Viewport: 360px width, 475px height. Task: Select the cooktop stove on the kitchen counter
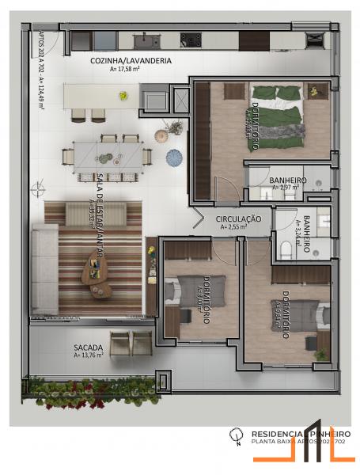tap(190, 39)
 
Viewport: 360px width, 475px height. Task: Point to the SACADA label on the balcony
tap(86, 348)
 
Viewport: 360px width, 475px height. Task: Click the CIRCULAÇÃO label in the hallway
tap(238, 218)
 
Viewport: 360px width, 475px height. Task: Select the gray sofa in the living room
tap(44, 269)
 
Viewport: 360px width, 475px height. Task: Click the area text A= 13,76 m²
tap(88, 355)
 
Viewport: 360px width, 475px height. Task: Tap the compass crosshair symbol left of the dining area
tap(37, 188)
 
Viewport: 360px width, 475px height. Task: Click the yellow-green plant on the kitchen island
tap(123, 96)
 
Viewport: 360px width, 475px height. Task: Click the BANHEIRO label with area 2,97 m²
tap(287, 180)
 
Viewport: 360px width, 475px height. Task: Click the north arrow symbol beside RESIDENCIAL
tap(234, 435)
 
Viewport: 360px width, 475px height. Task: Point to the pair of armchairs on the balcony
tap(131, 344)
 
